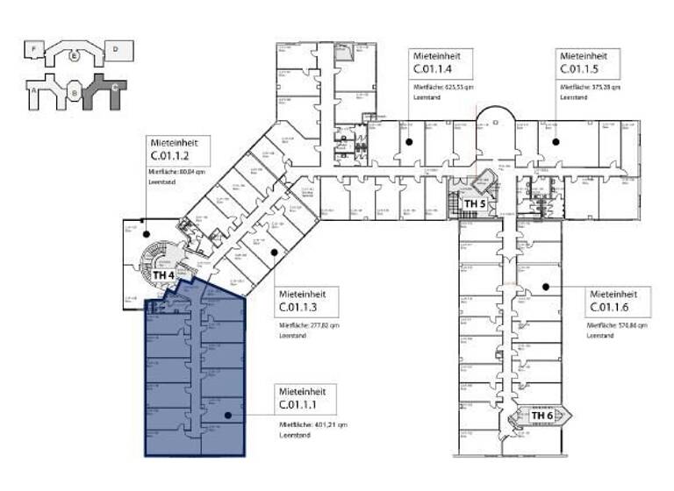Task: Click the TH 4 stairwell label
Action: tap(162, 274)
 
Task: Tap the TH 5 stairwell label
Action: tap(475, 203)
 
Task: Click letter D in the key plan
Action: tap(116, 50)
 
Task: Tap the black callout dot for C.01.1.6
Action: tap(544, 286)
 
